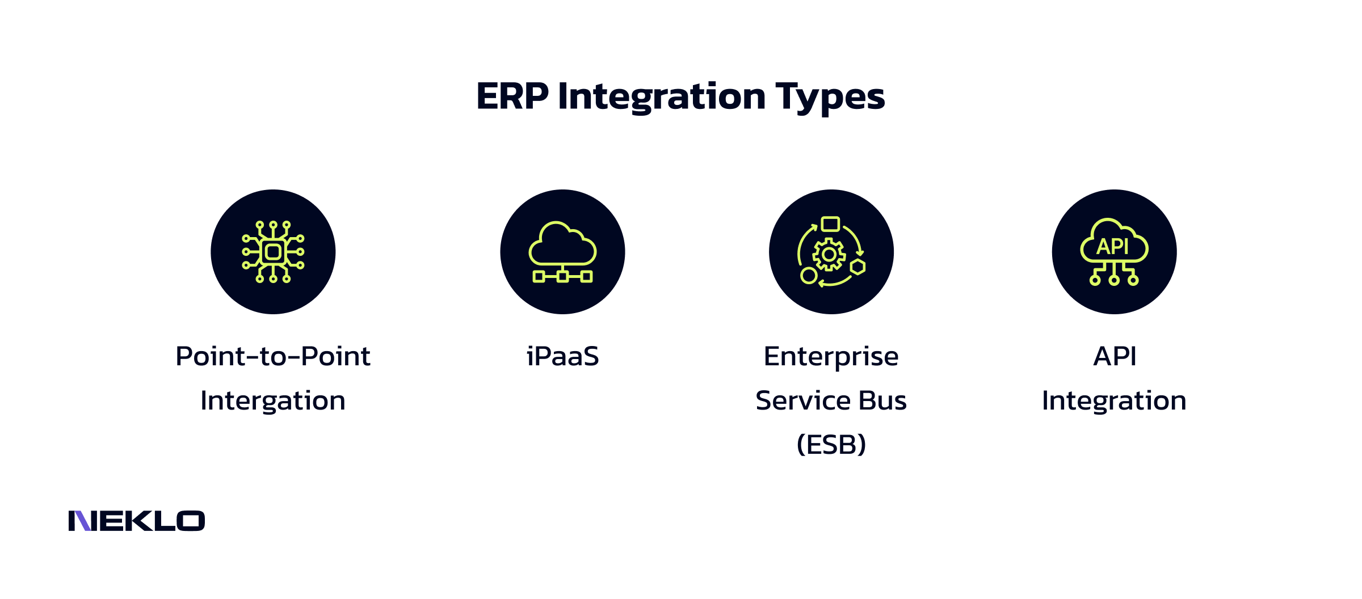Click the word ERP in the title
pyautogui.click(x=512, y=96)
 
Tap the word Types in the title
pyautogui.click(x=830, y=97)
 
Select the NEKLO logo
pyautogui.click(x=136, y=521)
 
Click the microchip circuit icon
pyautogui.click(x=273, y=252)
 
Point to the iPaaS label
pyautogui.click(x=562, y=357)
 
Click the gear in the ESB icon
pyautogui.click(x=829, y=254)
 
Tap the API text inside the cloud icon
pyautogui.click(x=1113, y=246)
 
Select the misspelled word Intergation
pyautogui.click(x=273, y=401)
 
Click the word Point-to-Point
pyautogui.click(x=273, y=357)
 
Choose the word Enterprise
pyautogui.click(x=831, y=357)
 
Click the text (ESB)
pyautogui.click(x=831, y=445)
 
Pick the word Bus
pyautogui.click(x=882, y=401)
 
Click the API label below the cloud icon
pyautogui.click(x=1115, y=357)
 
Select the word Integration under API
pyautogui.click(x=1114, y=401)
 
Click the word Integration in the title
pyautogui.click(x=662, y=96)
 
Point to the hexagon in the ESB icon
pyautogui.click(x=857, y=267)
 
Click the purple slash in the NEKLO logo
pyautogui.click(x=83, y=521)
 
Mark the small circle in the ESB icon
pyautogui.click(x=809, y=276)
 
